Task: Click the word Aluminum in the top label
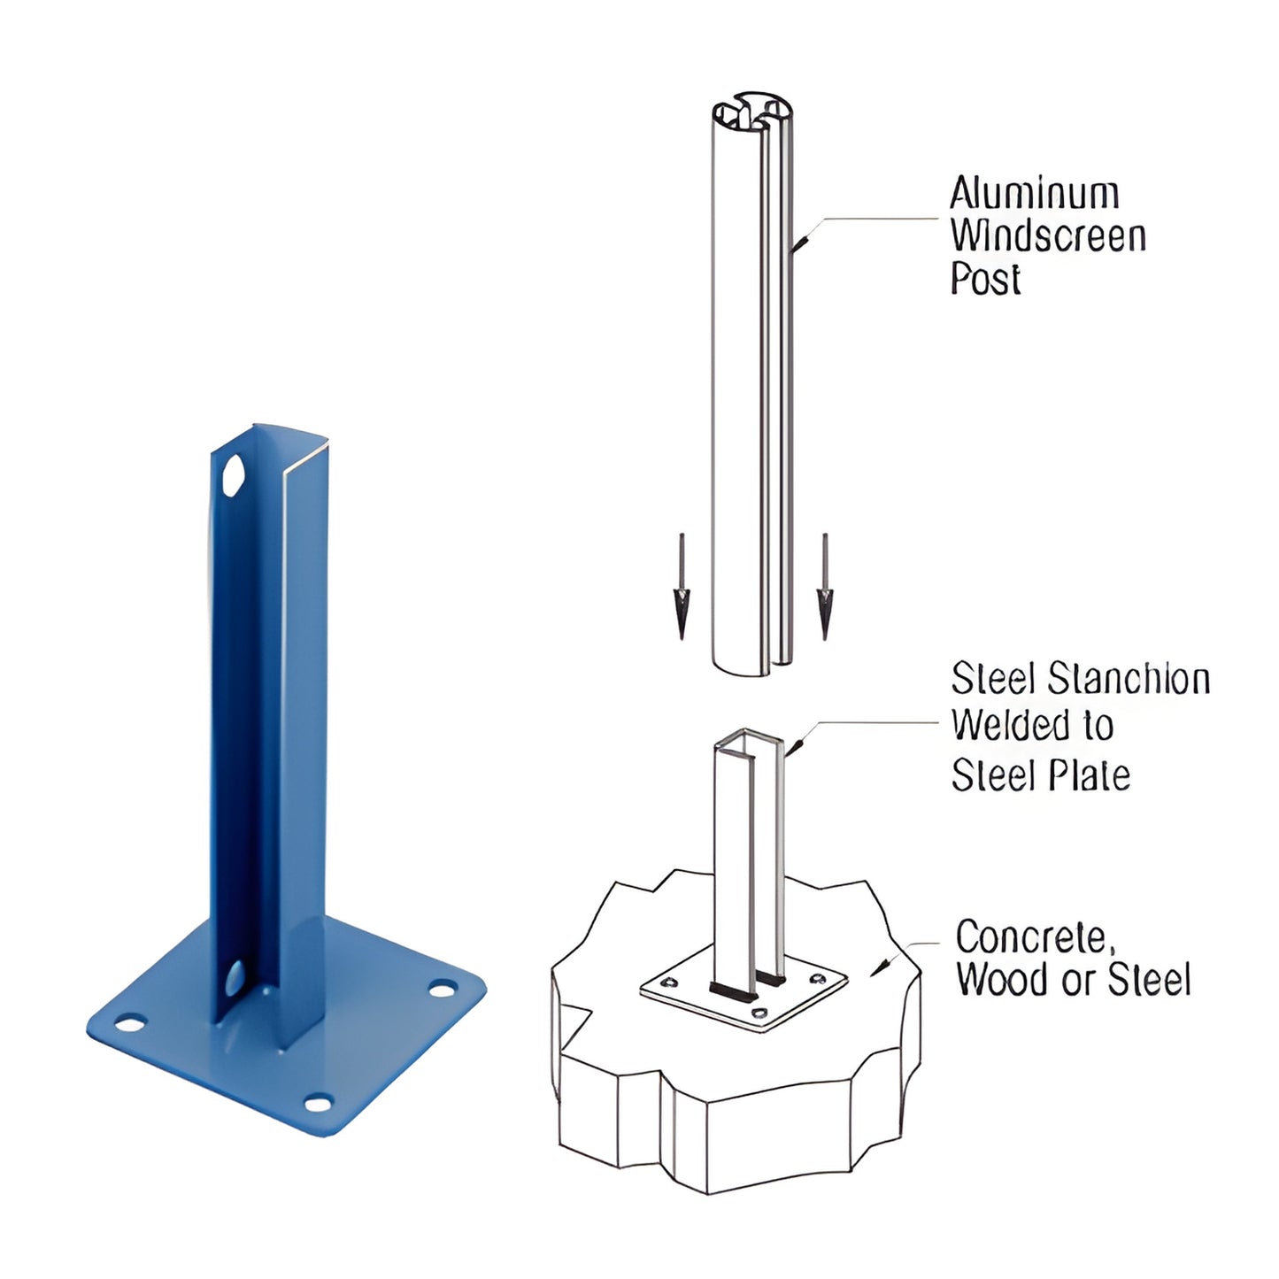[1034, 194]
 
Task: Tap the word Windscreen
[1048, 236]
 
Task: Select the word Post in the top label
[985, 279]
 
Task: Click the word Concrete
[1032, 937]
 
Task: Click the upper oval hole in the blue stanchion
[234, 476]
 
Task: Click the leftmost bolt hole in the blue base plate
[130, 1024]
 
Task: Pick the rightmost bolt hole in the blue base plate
[442, 989]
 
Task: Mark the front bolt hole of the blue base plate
[317, 1103]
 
